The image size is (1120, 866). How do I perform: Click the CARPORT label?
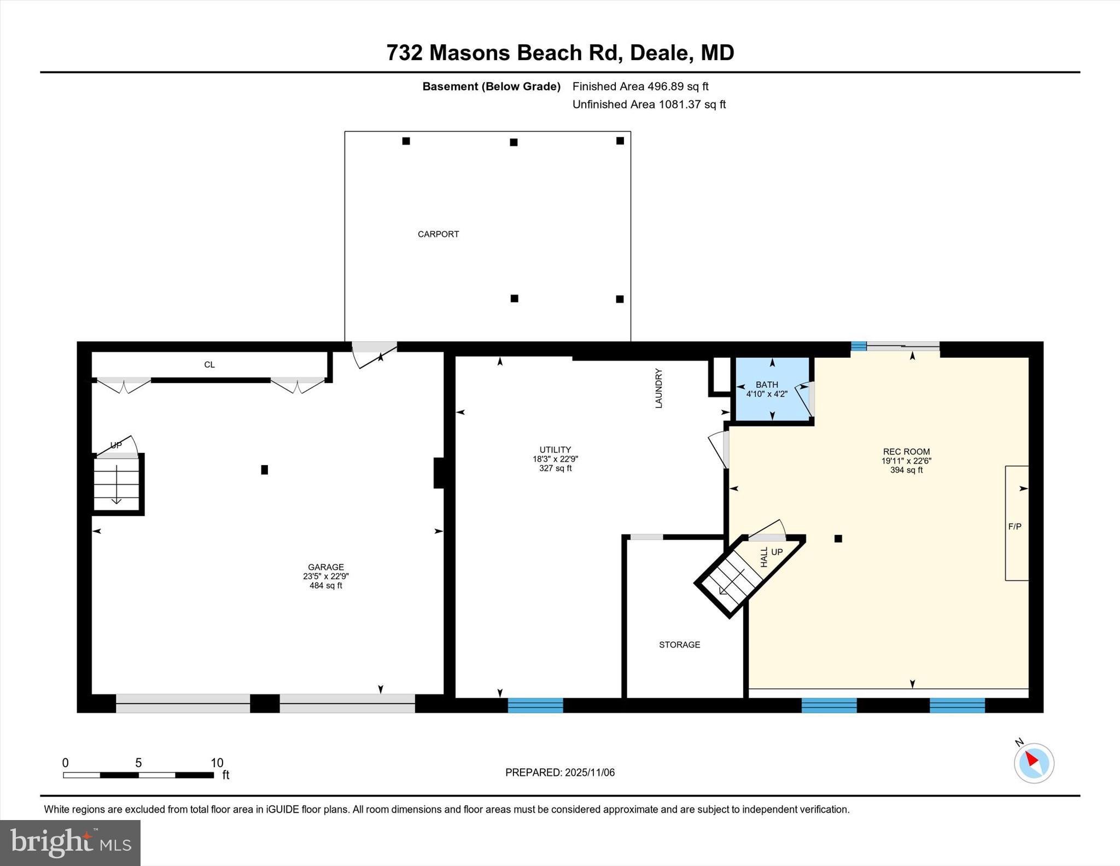pos(438,234)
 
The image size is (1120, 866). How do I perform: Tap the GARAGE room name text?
pos(326,567)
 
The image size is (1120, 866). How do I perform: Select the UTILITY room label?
pos(555,450)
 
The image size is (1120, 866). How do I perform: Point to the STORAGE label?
pos(679,645)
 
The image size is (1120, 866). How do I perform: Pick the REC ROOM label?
pos(906,452)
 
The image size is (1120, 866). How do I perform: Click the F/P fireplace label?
pos(1014,526)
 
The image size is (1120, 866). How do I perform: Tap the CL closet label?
pos(209,365)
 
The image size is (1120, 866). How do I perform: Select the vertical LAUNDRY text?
pos(658,388)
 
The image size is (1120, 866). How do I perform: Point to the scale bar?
pos(138,775)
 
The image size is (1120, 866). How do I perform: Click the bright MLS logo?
pos(70,842)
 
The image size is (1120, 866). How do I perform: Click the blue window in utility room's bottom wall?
pos(535,705)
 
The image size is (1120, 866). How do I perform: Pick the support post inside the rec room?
pos(838,539)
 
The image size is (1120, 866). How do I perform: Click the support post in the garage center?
pos(265,469)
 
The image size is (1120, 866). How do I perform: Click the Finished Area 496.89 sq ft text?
pos(640,86)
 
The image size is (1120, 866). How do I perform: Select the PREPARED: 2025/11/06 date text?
pos(559,772)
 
